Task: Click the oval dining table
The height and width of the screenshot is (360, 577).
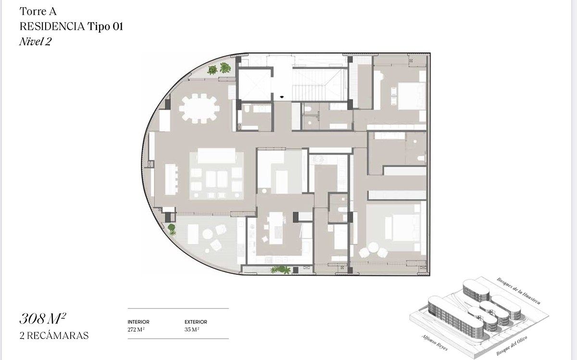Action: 200,109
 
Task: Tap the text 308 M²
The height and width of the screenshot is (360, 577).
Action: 43,318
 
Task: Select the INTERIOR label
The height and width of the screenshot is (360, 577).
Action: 138,322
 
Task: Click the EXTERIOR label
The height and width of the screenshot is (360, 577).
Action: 196,322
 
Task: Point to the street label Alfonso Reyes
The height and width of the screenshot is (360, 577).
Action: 435,343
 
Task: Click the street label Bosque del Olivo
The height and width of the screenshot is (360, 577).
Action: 512,346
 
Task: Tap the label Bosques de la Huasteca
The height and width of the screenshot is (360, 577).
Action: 518,291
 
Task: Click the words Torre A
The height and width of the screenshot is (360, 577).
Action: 38,12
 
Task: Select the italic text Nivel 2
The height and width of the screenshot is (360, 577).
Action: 35,41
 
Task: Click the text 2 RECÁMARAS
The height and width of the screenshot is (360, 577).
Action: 54,335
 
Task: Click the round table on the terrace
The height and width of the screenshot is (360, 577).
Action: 207,235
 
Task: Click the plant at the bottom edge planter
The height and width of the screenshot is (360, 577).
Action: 280,270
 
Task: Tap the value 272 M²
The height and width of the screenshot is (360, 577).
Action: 136,329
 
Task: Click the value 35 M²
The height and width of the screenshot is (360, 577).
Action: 192,329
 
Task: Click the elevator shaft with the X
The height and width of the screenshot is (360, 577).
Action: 254,84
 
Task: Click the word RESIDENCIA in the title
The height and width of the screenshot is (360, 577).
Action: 52,26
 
